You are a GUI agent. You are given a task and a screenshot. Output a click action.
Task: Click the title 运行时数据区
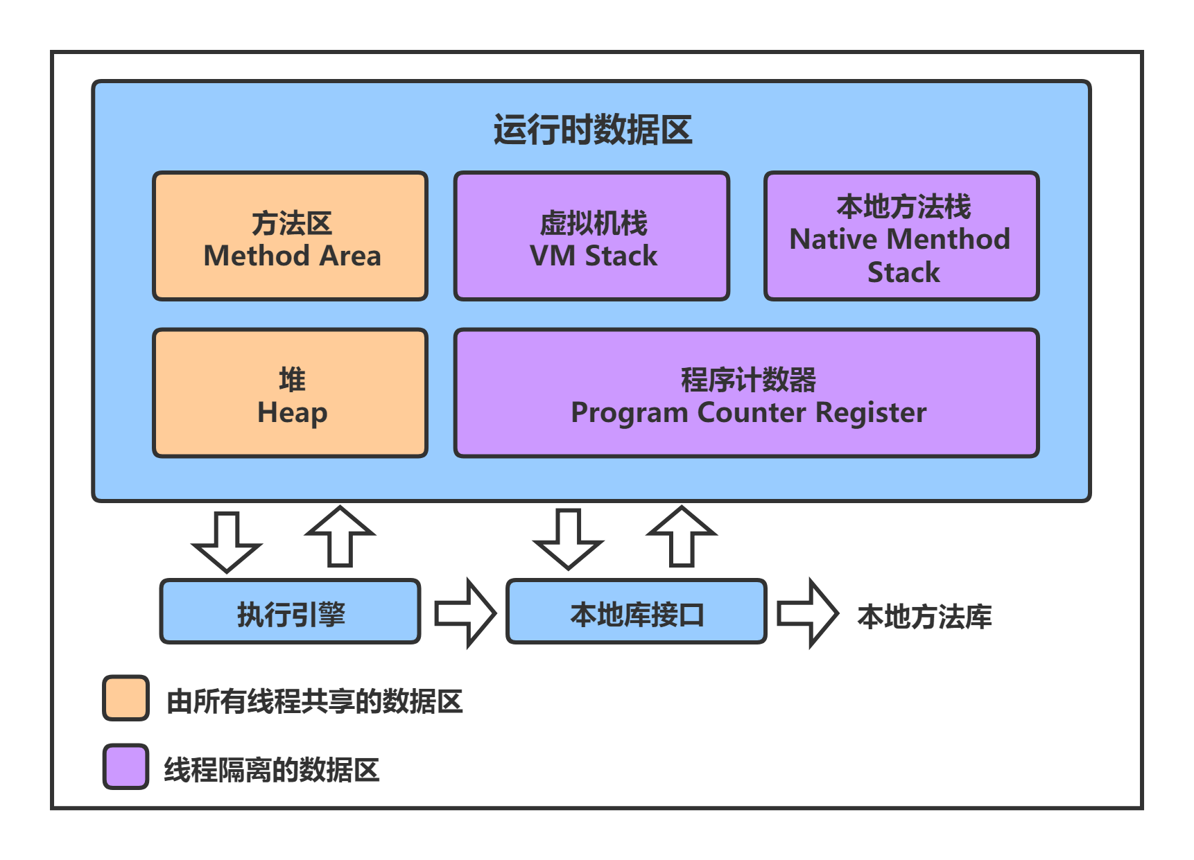(x=593, y=130)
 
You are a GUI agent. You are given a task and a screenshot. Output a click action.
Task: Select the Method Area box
(x=291, y=236)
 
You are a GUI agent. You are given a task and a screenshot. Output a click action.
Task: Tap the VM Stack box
(x=592, y=236)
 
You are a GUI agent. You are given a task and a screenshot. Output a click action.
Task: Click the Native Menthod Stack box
(x=901, y=236)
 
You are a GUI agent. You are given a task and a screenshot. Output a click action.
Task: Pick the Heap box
(x=291, y=393)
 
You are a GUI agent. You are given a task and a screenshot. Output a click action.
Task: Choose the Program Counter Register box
(x=747, y=393)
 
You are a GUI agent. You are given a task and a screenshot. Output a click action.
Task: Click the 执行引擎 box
(x=291, y=612)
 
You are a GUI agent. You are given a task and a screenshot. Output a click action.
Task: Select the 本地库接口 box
(x=637, y=612)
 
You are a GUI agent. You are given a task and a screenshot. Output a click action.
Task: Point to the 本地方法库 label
(x=924, y=616)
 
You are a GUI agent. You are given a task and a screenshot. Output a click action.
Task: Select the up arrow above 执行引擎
(x=340, y=536)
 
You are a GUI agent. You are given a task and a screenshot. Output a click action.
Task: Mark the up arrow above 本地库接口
(x=682, y=536)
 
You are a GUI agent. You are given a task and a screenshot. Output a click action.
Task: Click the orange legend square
(x=126, y=698)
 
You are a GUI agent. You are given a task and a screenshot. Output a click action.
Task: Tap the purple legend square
(x=126, y=766)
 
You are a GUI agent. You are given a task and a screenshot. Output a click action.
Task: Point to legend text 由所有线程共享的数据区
(x=314, y=701)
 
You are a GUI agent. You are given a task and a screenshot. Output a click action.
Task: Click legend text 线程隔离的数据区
(x=272, y=770)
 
